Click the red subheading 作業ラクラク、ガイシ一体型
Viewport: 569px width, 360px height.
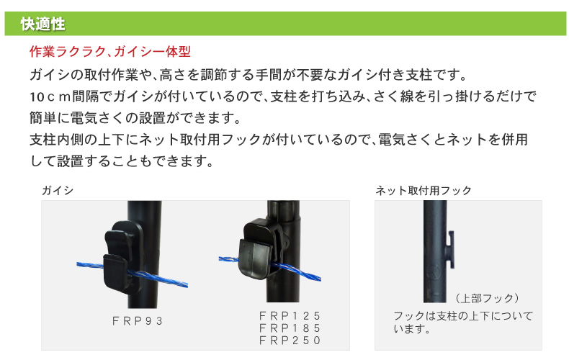[109, 53]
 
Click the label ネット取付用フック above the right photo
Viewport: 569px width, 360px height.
[424, 190]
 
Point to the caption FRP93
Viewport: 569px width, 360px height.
[138, 322]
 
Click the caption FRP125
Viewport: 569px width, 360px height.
[289, 316]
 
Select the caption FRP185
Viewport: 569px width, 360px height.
[289, 328]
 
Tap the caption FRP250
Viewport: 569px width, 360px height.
[289, 341]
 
